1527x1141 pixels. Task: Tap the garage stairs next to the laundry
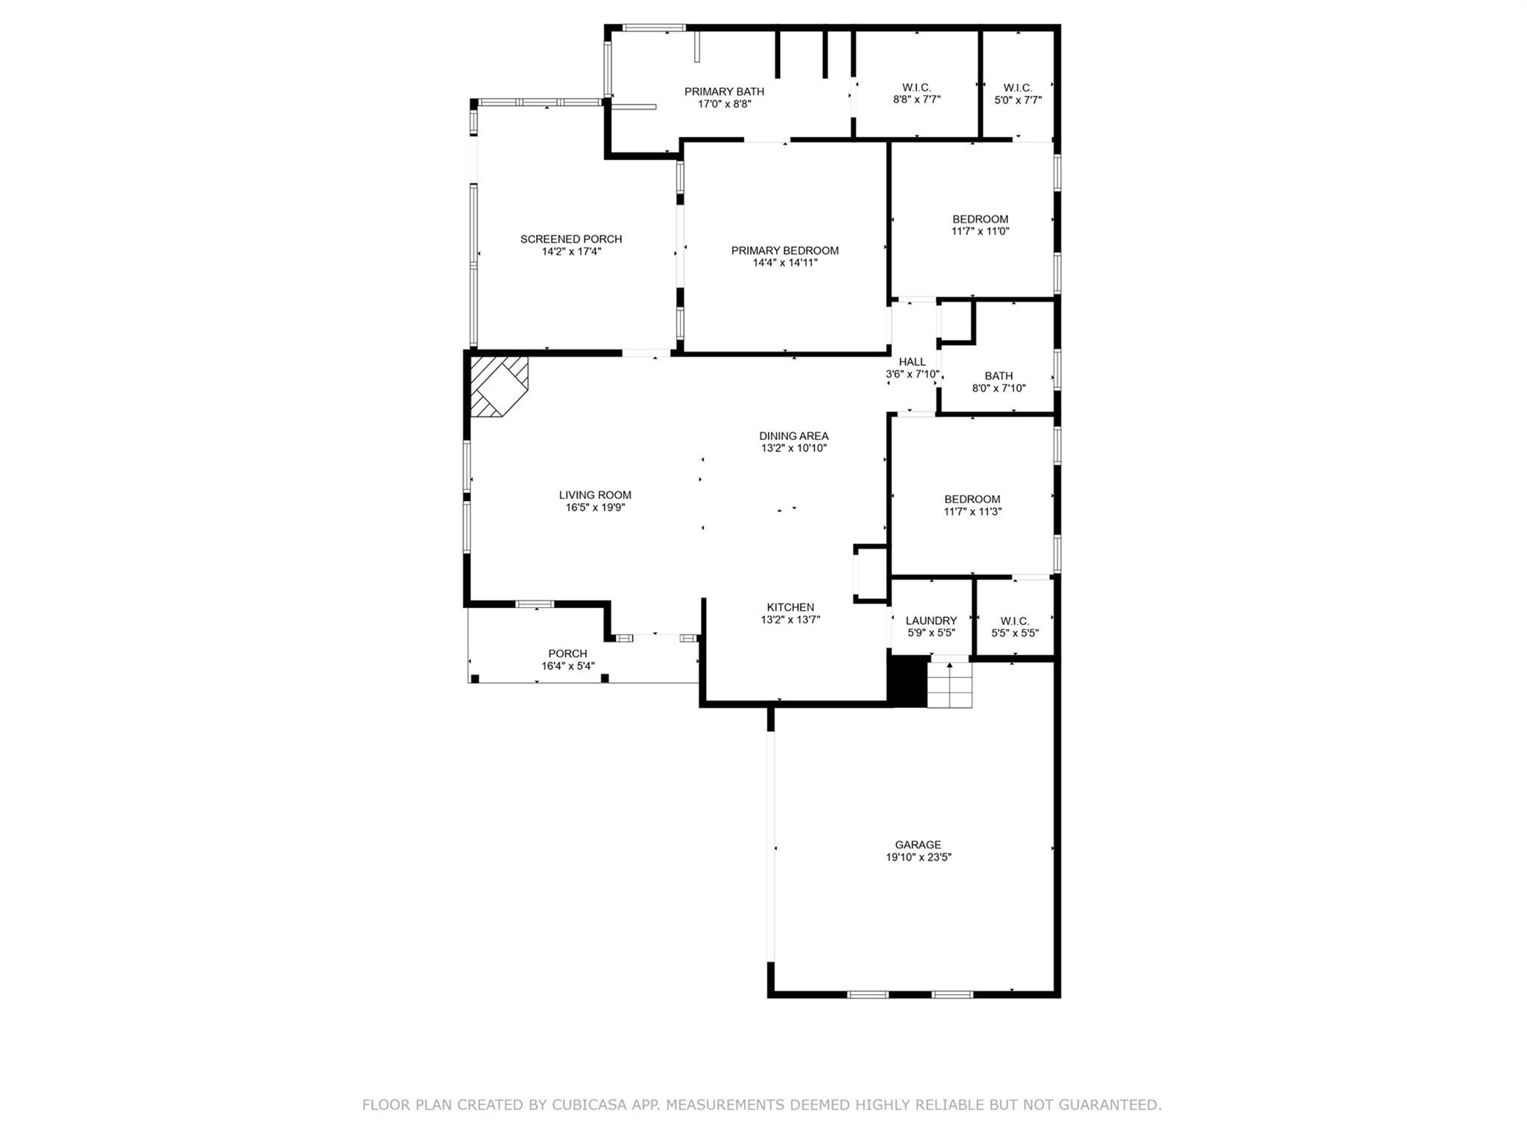coord(950,684)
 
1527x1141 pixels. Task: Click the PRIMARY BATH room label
coord(724,92)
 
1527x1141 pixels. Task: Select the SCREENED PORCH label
coord(571,239)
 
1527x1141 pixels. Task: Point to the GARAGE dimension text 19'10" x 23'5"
coord(918,857)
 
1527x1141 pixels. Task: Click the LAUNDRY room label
coord(931,621)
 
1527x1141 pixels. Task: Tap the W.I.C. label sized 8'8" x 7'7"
coord(916,87)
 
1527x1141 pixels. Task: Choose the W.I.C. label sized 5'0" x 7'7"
coord(1018,87)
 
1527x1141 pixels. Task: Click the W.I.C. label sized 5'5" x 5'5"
coord(1015,621)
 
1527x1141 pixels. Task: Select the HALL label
coord(912,362)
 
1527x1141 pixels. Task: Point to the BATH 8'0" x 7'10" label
coord(998,376)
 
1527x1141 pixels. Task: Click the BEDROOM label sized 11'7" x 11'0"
coord(980,219)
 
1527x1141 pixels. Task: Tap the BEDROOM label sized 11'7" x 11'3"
coord(972,499)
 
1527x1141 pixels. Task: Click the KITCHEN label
coord(790,607)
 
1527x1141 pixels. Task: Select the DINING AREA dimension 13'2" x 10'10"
coord(793,448)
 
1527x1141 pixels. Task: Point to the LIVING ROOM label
coord(595,495)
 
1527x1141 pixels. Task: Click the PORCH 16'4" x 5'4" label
coord(567,654)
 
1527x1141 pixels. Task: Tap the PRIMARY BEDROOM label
coord(784,250)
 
